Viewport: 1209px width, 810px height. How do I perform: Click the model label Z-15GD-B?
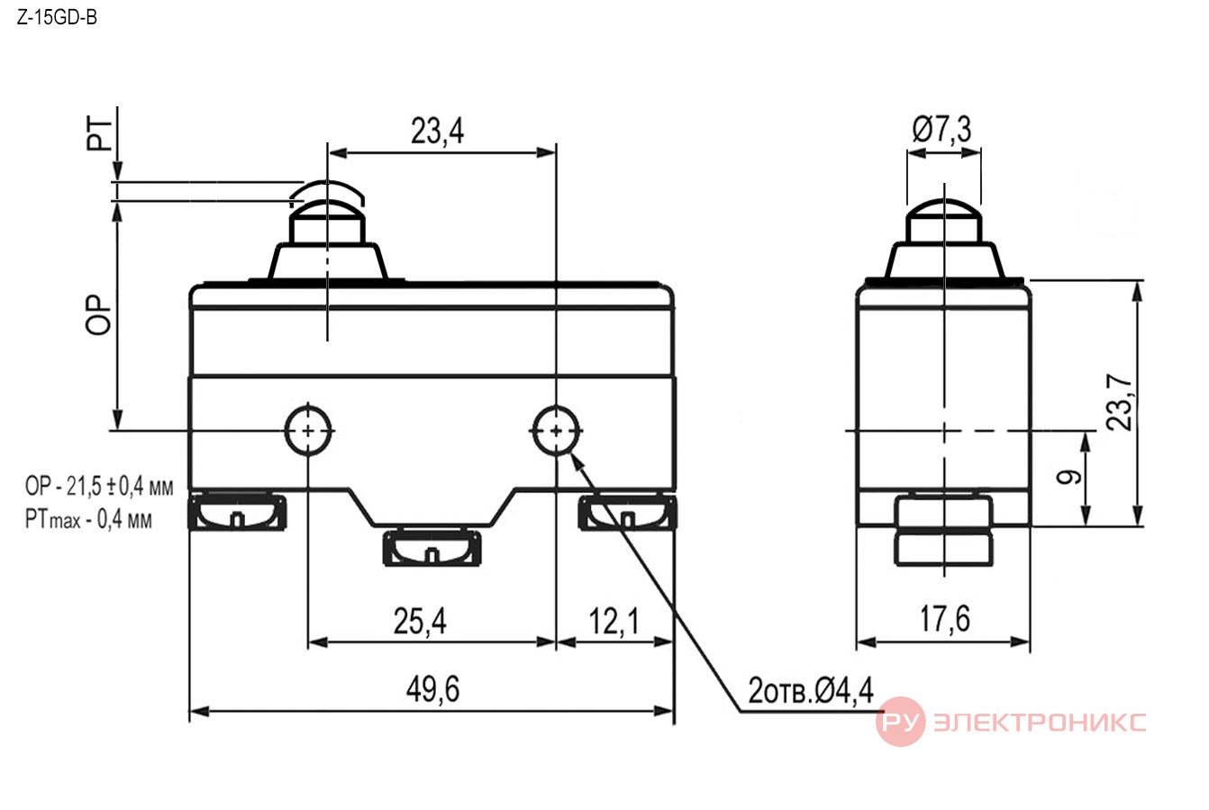point(57,18)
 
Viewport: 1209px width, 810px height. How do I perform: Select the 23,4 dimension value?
point(437,131)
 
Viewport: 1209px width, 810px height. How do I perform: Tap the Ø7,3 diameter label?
point(941,130)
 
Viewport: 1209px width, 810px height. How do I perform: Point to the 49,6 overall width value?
point(432,689)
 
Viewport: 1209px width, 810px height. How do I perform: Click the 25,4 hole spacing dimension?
point(420,621)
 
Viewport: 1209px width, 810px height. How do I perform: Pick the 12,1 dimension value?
point(614,621)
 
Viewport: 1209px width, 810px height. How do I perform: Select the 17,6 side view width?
point(944,619)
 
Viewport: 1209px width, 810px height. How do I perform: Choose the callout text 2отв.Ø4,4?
point(811,690)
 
